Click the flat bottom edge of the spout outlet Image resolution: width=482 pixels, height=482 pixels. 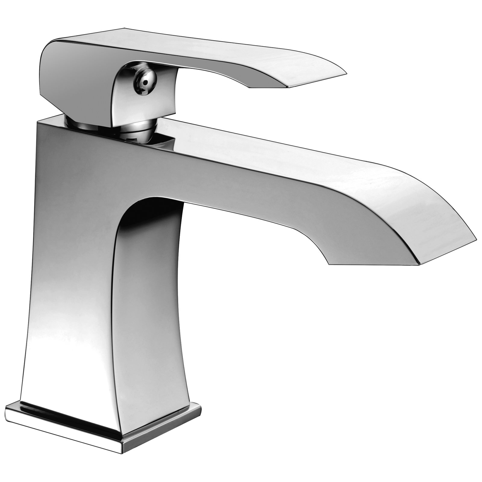374,264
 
